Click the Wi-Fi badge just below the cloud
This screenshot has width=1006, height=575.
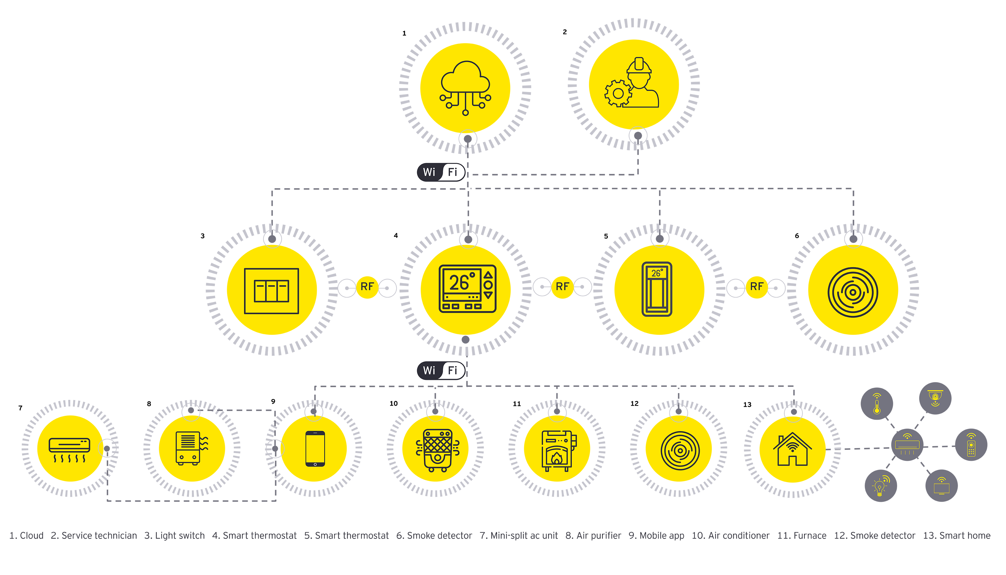pos(441,172)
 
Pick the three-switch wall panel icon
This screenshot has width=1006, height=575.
pos(271,291)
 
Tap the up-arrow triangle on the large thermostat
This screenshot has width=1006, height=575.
pos(488,274)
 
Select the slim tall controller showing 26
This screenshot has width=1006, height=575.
pos(657,289)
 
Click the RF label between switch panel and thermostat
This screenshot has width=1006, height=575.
pos(367,287)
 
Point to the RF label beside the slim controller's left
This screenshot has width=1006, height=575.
pos(562,287)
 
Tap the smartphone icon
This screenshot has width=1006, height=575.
pos(315,449)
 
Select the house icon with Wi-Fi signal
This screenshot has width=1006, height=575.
pos(792,449)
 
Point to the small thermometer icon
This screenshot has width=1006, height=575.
pos(877,404)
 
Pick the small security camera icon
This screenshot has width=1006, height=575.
pos(935,398)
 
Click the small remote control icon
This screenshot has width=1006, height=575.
pos(971,445)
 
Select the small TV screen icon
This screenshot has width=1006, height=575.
pos(942,486)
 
